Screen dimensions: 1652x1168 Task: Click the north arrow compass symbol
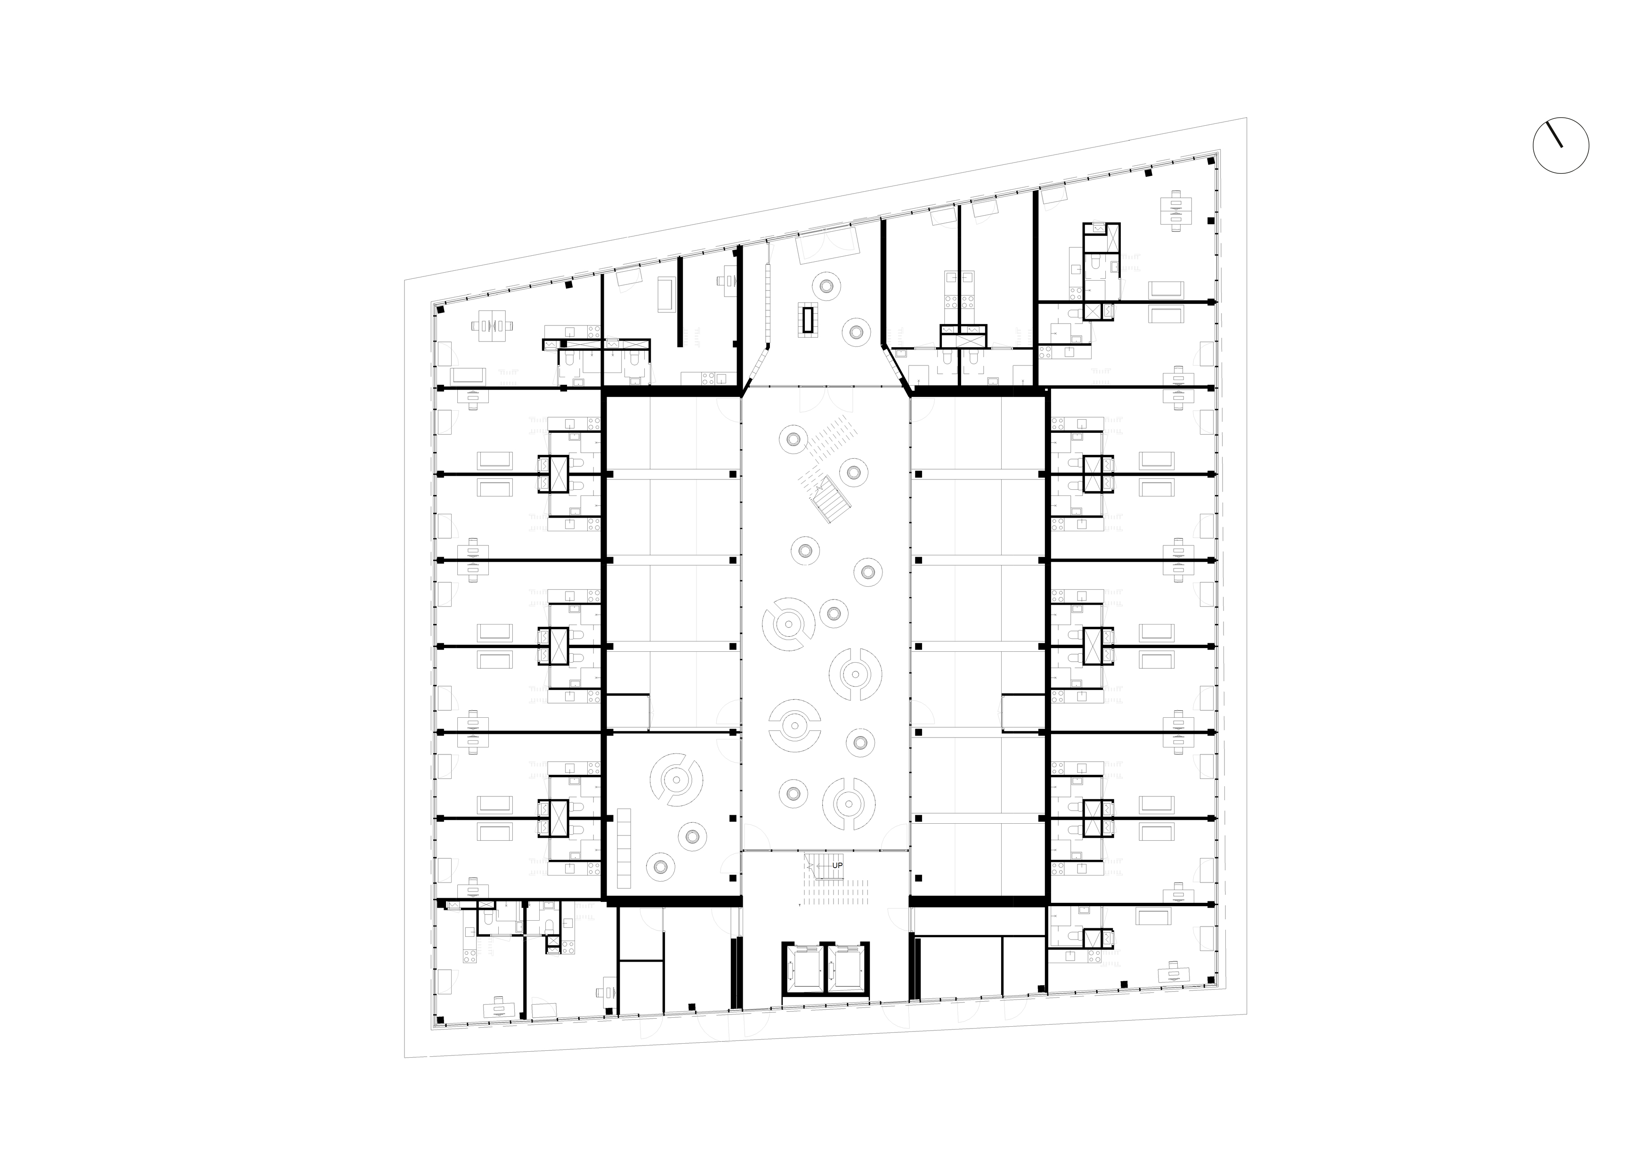click(1561, 146)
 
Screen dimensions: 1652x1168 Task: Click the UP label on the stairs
click(837, 866)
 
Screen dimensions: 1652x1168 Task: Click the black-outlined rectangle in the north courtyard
click(809, 319)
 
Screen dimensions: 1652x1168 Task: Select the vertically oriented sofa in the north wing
click(667, 295)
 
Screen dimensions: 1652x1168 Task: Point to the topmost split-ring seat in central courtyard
click(789, 623)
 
